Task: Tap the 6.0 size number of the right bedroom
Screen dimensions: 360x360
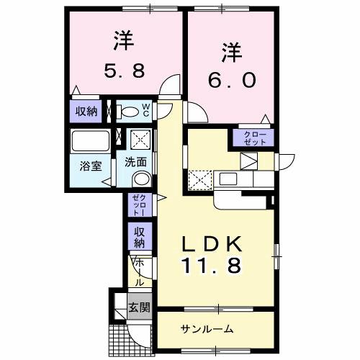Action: point(231,80)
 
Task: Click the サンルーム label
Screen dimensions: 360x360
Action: point(207,329)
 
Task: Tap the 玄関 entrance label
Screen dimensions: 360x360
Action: point(139,307)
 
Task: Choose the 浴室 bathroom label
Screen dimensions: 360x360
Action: point(90,165)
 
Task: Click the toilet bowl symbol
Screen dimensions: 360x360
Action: point(129,112)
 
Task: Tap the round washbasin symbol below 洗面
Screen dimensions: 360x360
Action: point(142,179)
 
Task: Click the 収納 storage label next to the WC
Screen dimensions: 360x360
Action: point(86,111)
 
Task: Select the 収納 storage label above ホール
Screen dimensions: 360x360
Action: point(139,235)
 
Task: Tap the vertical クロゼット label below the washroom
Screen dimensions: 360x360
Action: point(139,205)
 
